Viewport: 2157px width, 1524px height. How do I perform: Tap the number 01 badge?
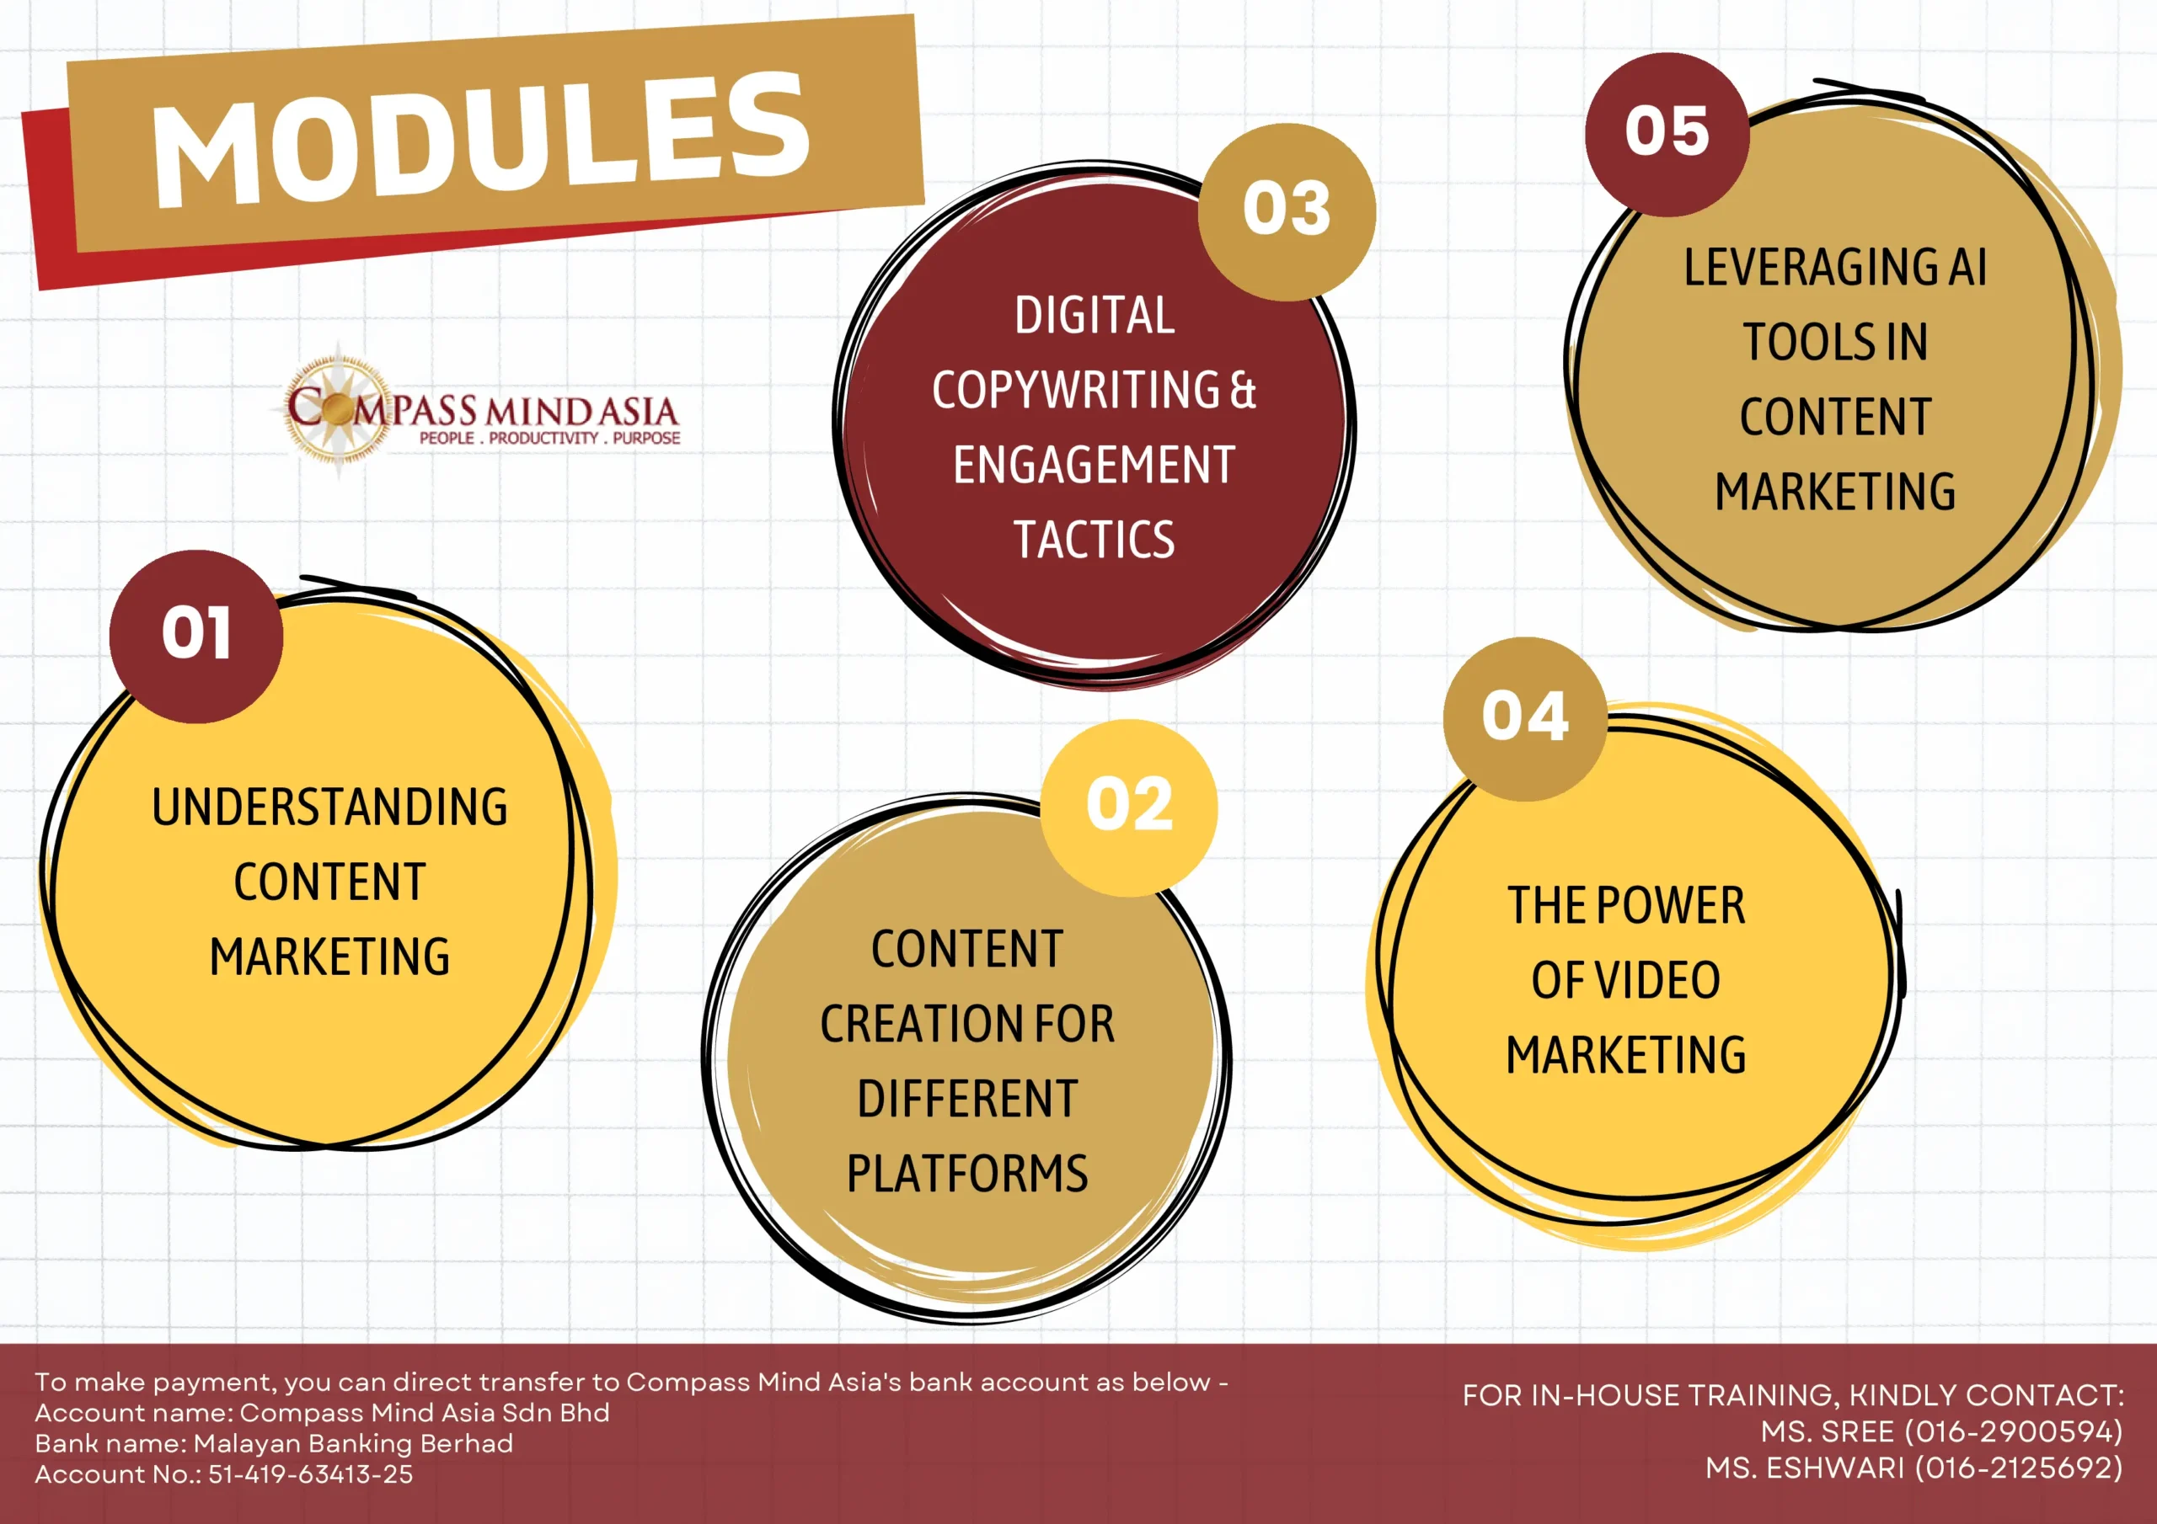coord(195,637)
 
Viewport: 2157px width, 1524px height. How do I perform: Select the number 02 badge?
coord(1128,807)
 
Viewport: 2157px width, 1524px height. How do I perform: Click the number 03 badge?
coord(1287,211)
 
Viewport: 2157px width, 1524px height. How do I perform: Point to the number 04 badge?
coord(1525,719)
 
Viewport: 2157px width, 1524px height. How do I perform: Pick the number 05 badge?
coord(1667,134)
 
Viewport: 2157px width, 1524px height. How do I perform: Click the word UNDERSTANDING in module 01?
coord(329,807)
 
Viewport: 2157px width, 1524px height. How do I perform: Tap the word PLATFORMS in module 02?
coord(966,1174)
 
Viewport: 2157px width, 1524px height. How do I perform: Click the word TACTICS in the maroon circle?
coord(1094,540)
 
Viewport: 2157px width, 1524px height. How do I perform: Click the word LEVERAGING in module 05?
coord(1809,268)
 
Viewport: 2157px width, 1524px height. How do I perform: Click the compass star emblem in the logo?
coord(338,410)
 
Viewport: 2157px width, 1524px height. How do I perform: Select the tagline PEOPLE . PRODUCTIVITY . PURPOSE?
coord(549,438)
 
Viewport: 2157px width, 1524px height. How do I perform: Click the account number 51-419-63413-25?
coord(310,1474)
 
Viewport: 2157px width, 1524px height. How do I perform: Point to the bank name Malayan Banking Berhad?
coord(353,1443)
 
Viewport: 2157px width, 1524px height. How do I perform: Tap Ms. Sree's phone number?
coord(2012,1431)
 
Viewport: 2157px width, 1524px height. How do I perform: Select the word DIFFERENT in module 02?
coord(966,1099)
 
